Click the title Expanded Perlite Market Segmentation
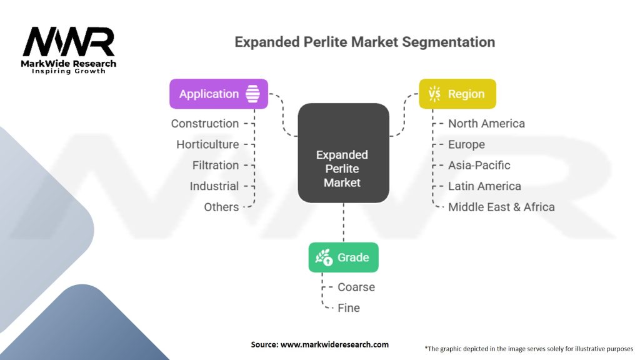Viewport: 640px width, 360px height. click(364, 42)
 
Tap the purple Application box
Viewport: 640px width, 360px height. click(218, 94)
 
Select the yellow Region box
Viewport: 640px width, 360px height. click(457, 94)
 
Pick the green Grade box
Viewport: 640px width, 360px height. click(343, 257)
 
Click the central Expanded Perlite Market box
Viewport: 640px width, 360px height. click(342, 152)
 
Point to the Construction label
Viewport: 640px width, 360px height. click(205, 124)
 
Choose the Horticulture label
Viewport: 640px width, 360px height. click(207, 144)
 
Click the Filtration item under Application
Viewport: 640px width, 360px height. click(215, 165)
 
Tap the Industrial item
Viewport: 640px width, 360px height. click(214, 186)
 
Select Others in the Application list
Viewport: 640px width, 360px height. click(221, 207)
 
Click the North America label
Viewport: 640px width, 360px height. click(486, 124)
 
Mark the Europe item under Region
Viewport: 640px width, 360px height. click(466, 144)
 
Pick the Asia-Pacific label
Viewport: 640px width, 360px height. click(479, 165)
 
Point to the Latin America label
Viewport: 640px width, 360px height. click(484, 186)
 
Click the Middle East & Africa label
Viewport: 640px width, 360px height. click(501, 207)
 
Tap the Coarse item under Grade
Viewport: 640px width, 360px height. click(356, 287)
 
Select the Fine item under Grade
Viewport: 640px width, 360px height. click(349, 307)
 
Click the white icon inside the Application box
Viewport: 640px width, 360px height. click(252, 94)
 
